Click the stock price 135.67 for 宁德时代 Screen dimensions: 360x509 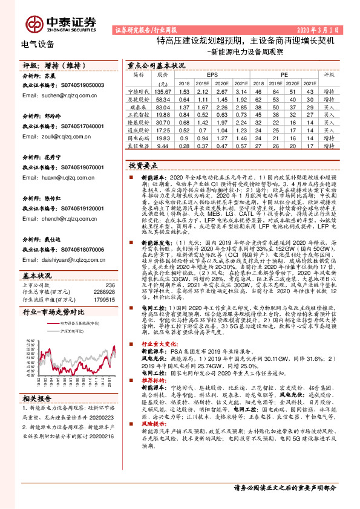click(163, 91)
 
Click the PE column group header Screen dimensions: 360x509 click(284, 75)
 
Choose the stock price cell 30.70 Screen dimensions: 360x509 click(163, 122)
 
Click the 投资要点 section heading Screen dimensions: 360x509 click(143, 164)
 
